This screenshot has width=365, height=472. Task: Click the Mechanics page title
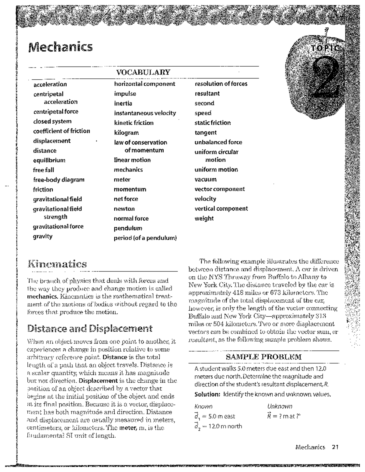60,47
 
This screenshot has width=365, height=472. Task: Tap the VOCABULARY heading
143,72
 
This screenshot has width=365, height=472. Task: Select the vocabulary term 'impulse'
125,94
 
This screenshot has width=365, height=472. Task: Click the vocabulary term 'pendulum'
128,228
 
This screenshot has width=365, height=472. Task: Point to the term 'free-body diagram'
59,180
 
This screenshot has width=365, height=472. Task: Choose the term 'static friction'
213,123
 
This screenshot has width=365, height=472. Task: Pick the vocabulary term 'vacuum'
206,179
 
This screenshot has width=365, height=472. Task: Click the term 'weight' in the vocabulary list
204,218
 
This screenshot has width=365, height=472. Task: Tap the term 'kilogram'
126,133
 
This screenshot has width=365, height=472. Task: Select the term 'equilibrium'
49,160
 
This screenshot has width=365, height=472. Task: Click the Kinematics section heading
57,264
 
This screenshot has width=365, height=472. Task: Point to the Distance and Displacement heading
90,329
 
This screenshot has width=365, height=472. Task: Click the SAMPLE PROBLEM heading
263,357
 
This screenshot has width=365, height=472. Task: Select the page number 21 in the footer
335,447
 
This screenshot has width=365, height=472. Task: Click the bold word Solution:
207,394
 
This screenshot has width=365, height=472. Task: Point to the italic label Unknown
280,406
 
